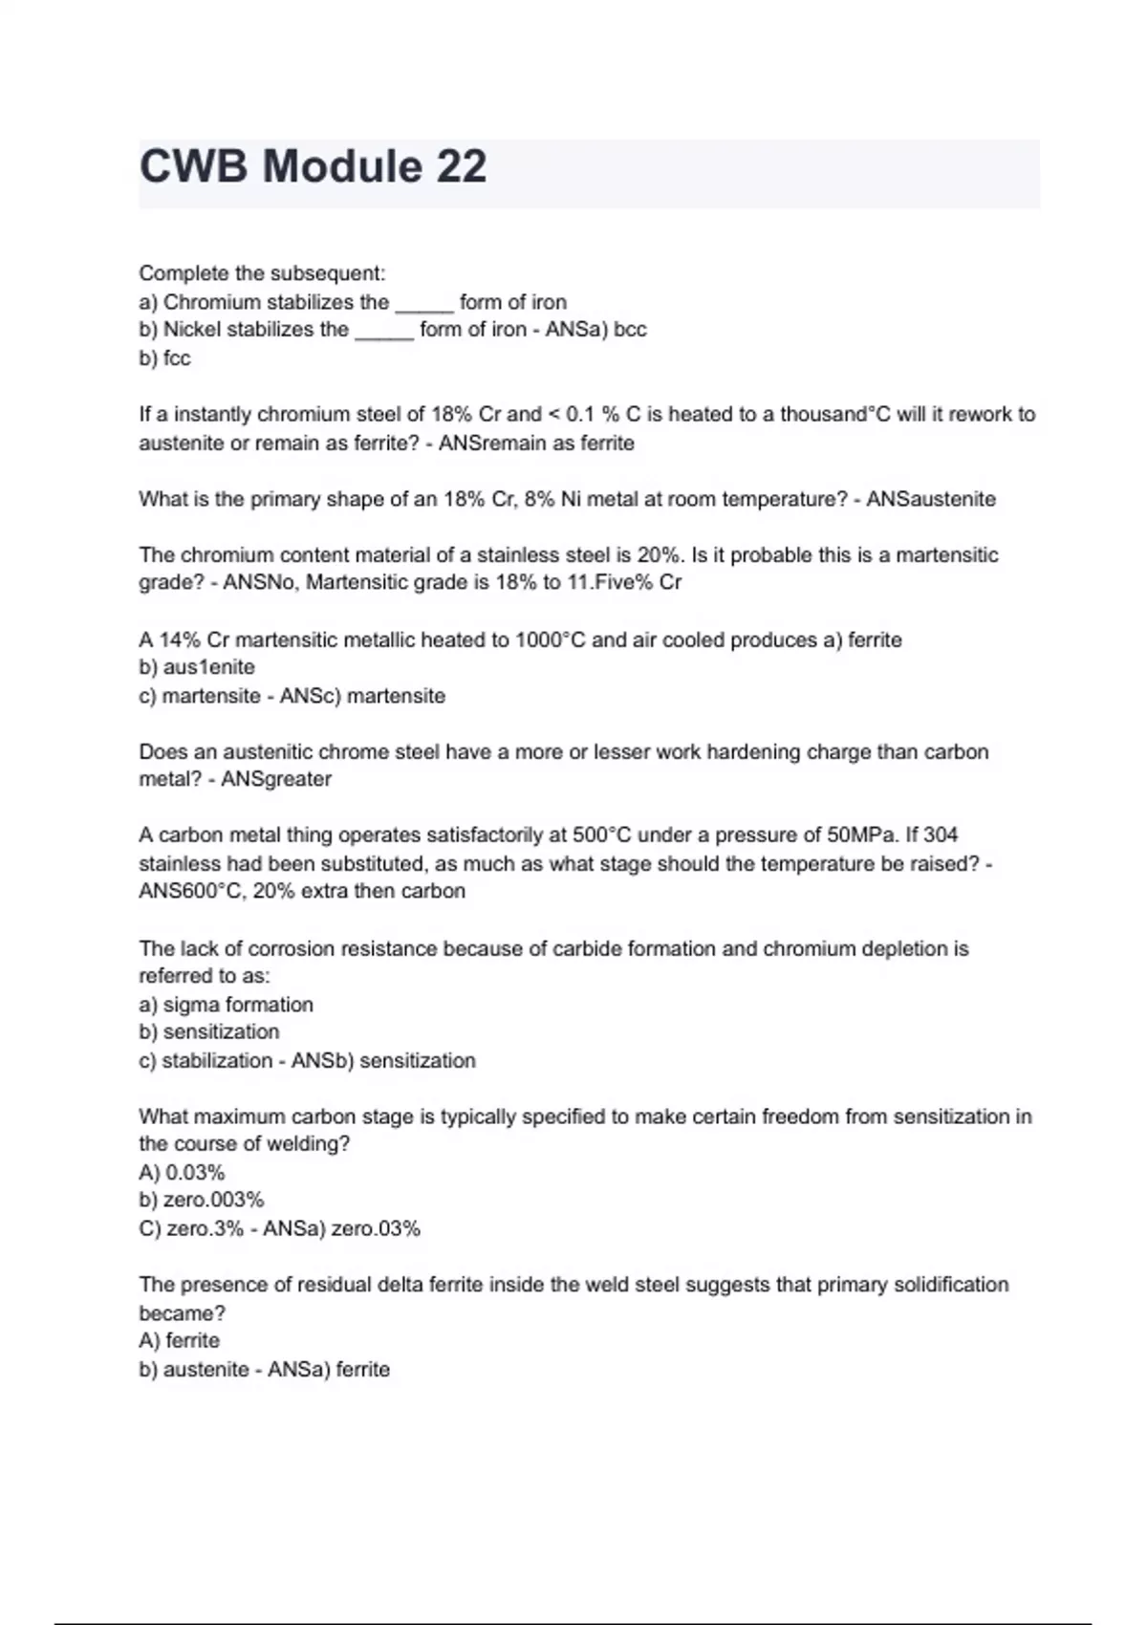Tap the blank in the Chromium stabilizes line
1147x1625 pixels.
[423, 304]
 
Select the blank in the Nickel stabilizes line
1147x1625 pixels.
[383, 331]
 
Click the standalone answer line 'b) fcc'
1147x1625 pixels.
[164, 358]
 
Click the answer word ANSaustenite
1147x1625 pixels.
[931, 499]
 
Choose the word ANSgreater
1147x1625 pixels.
[276, 779]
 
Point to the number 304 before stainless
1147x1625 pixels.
[941, 835]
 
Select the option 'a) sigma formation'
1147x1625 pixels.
[226, 1005]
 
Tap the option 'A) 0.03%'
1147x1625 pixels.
[182, 1172]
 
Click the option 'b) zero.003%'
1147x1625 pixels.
[201, 1200]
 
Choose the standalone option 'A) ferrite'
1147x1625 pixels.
[179, 1340]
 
